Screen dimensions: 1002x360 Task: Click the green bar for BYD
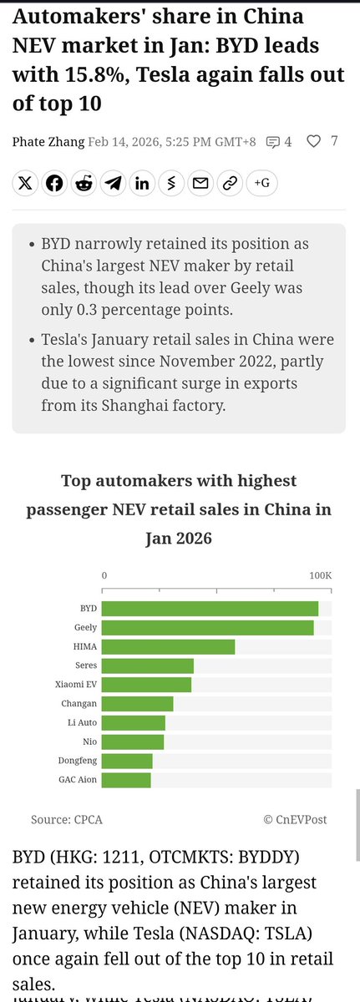210,609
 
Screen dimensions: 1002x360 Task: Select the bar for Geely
208,628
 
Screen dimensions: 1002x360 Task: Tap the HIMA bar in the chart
169,647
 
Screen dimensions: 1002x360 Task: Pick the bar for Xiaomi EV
147,685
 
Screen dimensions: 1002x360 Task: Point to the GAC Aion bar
127,780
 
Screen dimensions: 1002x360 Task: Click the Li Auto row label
82,723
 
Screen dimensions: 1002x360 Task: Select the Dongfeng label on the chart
78,761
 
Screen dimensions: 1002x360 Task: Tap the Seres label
86,665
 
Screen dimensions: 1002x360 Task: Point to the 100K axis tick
320,576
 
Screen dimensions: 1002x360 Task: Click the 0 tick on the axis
104,576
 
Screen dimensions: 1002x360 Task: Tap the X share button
26,184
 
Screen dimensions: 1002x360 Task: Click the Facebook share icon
55,184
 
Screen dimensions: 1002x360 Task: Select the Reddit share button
84,184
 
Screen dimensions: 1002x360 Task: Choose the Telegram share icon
113,184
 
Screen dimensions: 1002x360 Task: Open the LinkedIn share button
142,184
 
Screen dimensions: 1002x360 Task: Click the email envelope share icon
200,184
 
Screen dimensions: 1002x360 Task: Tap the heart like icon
313,141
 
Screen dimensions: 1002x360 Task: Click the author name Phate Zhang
48,142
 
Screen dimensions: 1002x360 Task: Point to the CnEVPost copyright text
297,820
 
